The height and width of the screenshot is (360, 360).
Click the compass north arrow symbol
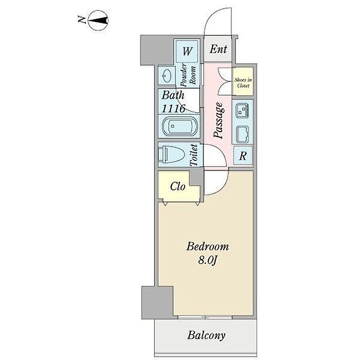click(x=99, y=21)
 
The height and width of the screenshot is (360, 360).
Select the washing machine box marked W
click(x=187, y=51)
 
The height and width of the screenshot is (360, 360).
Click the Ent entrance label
click(x=219, y=49)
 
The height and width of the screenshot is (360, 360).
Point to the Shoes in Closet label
click(x=243, y=83)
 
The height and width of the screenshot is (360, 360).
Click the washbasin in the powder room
click(x=166, y=75)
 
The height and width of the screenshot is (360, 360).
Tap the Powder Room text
click(x=189, y=75)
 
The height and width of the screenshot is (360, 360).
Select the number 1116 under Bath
click(x=173, y=109)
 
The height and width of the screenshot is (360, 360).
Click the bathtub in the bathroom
click(x=179, y=127)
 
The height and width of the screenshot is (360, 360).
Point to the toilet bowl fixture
click(x=171, y=154)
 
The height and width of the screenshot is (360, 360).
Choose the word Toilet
click(x=194, y=154)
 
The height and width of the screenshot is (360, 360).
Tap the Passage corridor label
click(x=218, y=120)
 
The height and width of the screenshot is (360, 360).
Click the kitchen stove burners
click(x=242, y=111)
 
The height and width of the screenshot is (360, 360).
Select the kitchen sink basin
click(x=243, y=134)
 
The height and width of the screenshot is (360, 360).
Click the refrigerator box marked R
click(x=243, y=156)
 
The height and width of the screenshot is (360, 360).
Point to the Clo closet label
click(x=177, y=187)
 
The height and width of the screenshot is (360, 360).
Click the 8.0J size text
click(x=207, y=260)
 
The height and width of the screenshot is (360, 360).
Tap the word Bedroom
click(x=207, y=246)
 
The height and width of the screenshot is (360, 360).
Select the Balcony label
click(x=206, y=335)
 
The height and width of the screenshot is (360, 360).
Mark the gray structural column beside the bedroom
click(x=157, y=302)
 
